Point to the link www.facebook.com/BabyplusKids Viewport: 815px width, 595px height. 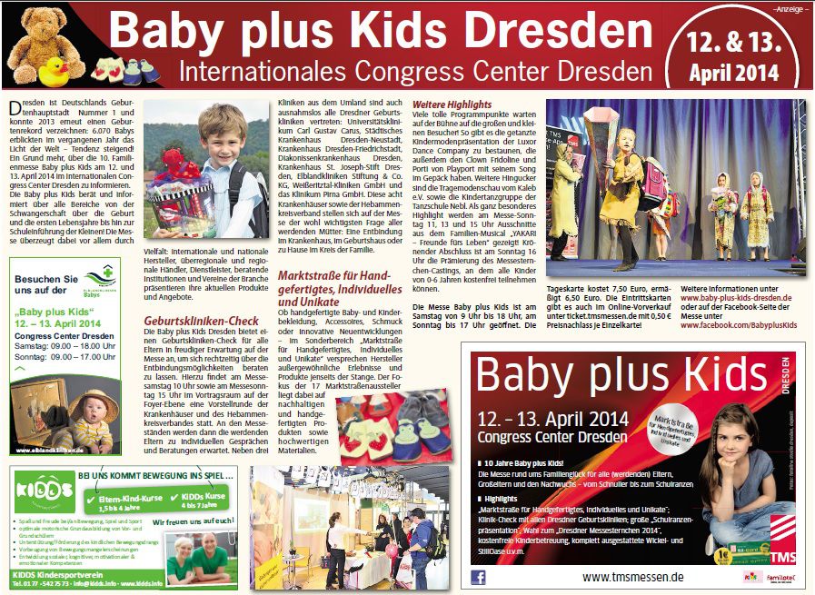(739, 324)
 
